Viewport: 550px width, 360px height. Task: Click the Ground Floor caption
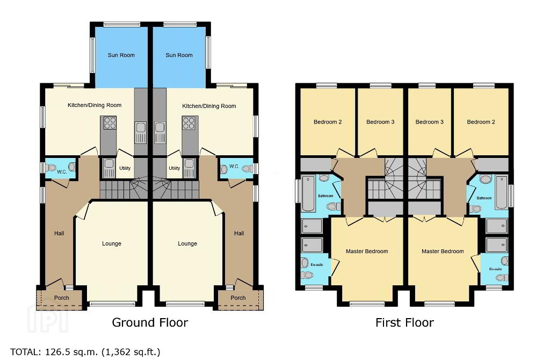click(x=150, y=322)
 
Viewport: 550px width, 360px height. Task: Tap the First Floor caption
click(x=404, y=322)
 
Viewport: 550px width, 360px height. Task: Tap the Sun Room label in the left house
click(x=121, y=55)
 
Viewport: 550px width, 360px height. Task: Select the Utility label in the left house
click(x=125, y=168)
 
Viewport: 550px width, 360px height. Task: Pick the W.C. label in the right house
click(x=234, y=166)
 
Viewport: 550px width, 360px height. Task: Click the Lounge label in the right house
click(x=187, y=243)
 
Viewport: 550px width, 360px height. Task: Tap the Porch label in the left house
click(x=61, y=298)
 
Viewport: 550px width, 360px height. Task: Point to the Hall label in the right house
click(x=239, y=233)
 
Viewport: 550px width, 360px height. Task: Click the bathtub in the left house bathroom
click(x=309, y=193)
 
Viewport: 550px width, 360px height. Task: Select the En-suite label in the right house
click(x=495, y=269)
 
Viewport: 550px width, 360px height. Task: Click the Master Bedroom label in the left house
click(x=367, y=251)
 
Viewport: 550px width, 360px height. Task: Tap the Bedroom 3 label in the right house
click(x=429, y=122)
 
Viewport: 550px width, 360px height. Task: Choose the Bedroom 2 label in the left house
click(x=328, y=122)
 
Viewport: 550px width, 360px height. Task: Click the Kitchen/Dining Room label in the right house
click(x=209, y=106)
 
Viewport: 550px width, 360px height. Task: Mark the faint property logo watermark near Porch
click(x=48, y=318)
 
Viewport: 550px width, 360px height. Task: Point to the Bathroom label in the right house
click(x=484, y=198)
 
